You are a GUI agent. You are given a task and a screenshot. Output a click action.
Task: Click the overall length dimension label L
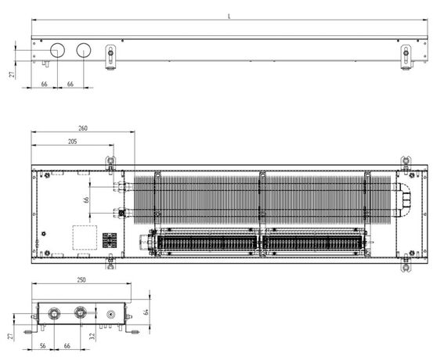[229, 16]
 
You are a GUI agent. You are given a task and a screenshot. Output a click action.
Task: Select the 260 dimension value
[83, 128]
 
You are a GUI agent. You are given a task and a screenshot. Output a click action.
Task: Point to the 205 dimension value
[73, 142]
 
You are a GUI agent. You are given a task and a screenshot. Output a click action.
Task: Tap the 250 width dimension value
[81, 280]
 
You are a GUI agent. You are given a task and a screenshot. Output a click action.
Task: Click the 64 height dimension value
[146, 312]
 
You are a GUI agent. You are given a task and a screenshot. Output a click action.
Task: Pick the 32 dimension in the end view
[92, 337]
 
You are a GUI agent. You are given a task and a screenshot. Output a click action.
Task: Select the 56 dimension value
[43, 346]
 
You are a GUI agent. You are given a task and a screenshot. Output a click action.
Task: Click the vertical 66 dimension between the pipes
[86, 200]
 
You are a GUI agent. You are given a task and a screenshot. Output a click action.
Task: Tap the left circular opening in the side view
[57, 50]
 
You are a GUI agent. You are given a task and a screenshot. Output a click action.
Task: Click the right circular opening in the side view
[84, 50]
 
